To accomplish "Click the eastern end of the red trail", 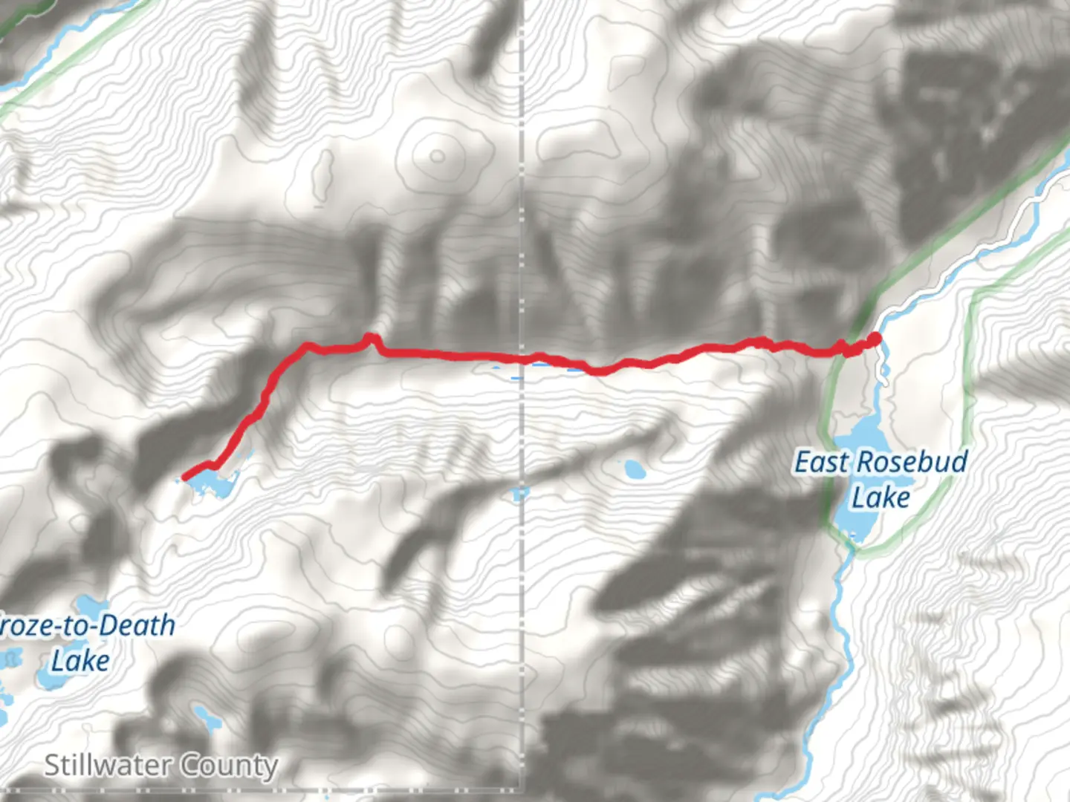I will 875,339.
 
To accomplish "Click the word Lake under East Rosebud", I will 881,497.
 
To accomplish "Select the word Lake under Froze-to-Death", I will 80,660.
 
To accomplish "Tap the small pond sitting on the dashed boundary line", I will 520,493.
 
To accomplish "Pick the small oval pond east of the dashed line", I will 634,469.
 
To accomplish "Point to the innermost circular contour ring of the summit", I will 437,157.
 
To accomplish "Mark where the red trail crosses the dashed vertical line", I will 522,359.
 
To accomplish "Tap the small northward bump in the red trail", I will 369,339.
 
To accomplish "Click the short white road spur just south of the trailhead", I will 883,368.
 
